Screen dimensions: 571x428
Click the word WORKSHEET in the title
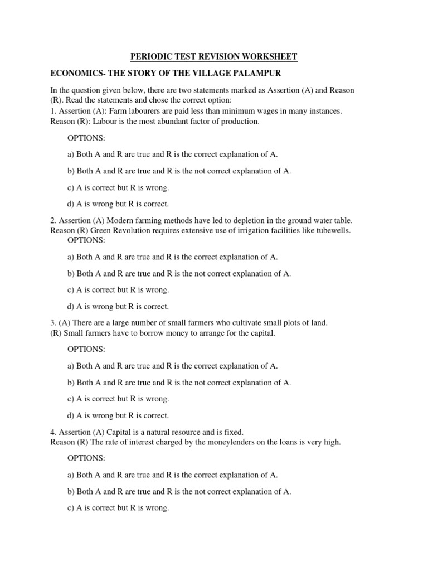tap(270, 57)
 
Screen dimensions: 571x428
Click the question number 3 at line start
tap(52, 323)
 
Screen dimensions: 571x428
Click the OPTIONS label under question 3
tap(86, 349)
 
